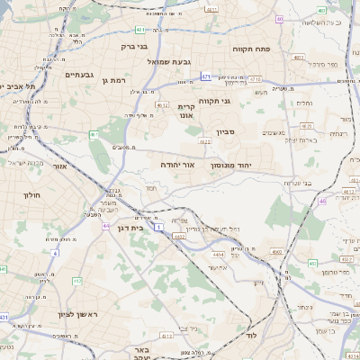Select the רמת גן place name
pyautogui.click(x=115, y=81)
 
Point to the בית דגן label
pyautogui.click(x=131, y=228)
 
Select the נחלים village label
pyautogui.click(x=304, y=103)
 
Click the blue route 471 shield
pyautogui.click(x=206, y=76)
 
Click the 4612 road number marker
pyautogui.click(x=162, y=105)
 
